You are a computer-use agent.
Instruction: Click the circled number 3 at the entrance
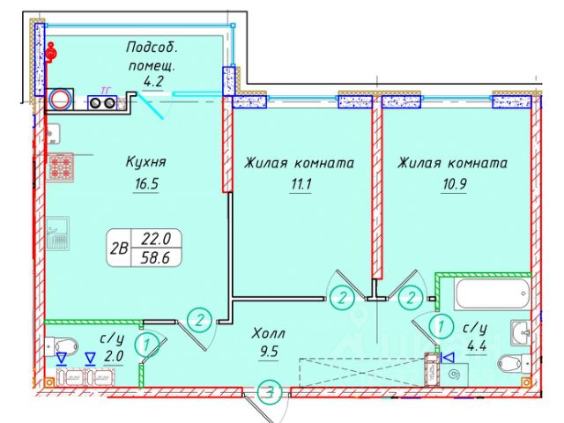[273, 390]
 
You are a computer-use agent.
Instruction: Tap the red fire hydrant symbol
[51, 53]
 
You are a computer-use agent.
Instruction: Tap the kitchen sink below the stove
[58, 238]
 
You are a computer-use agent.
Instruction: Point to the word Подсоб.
[154, 46]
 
